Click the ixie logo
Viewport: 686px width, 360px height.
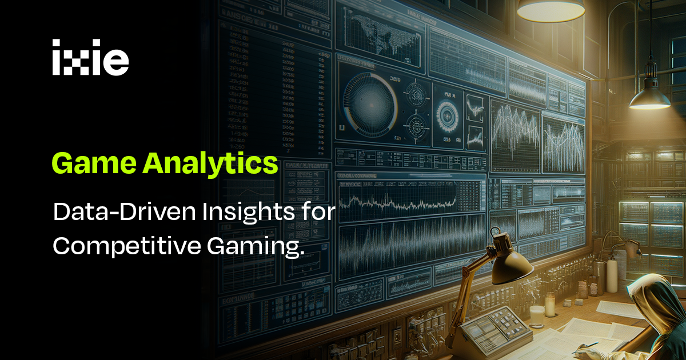click(x=90, y=58)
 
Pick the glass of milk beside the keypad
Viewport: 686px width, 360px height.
click(x=537, y=316)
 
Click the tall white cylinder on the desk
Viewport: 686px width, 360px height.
click(x=612, y=275)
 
